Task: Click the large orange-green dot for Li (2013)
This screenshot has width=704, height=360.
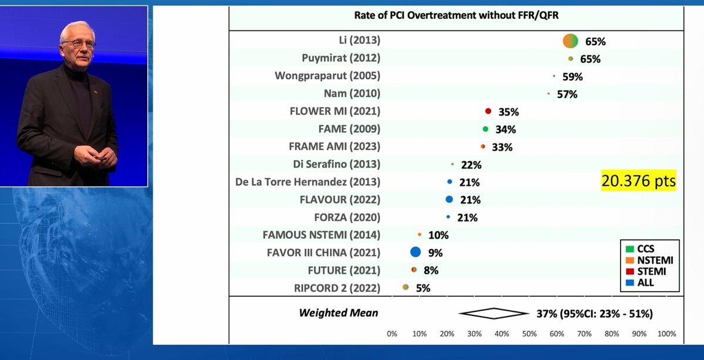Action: point(570,41)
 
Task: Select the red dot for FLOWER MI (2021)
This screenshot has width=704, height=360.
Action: point(488,111)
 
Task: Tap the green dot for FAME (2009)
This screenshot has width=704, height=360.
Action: point(486,129)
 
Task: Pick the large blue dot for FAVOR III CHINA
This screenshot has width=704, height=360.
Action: point(415,252)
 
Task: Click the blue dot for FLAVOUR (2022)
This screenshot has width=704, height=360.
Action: point(449,199)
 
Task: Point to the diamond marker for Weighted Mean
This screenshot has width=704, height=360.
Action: point(493,313)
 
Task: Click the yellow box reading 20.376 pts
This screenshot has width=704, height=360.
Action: point(639,181)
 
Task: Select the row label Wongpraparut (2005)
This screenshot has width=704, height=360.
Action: point(327,76)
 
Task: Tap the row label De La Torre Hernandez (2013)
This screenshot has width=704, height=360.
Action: point(307,182)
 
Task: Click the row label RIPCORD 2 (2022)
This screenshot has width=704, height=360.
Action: point(337,288)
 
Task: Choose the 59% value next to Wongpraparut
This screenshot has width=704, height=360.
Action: point(572,76)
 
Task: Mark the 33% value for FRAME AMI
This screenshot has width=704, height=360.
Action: point(502,147)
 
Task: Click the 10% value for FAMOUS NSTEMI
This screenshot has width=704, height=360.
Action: point(438,235)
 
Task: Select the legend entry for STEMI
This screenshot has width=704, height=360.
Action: point(651,271)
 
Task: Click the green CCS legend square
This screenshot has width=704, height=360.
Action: point(629,249)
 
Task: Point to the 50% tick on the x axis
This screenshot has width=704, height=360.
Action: point(529,334)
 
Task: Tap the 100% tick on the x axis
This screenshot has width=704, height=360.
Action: point(666,334)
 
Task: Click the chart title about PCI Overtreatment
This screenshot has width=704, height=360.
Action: point(455,16)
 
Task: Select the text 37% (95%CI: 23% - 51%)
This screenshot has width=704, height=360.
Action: point(594,314)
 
